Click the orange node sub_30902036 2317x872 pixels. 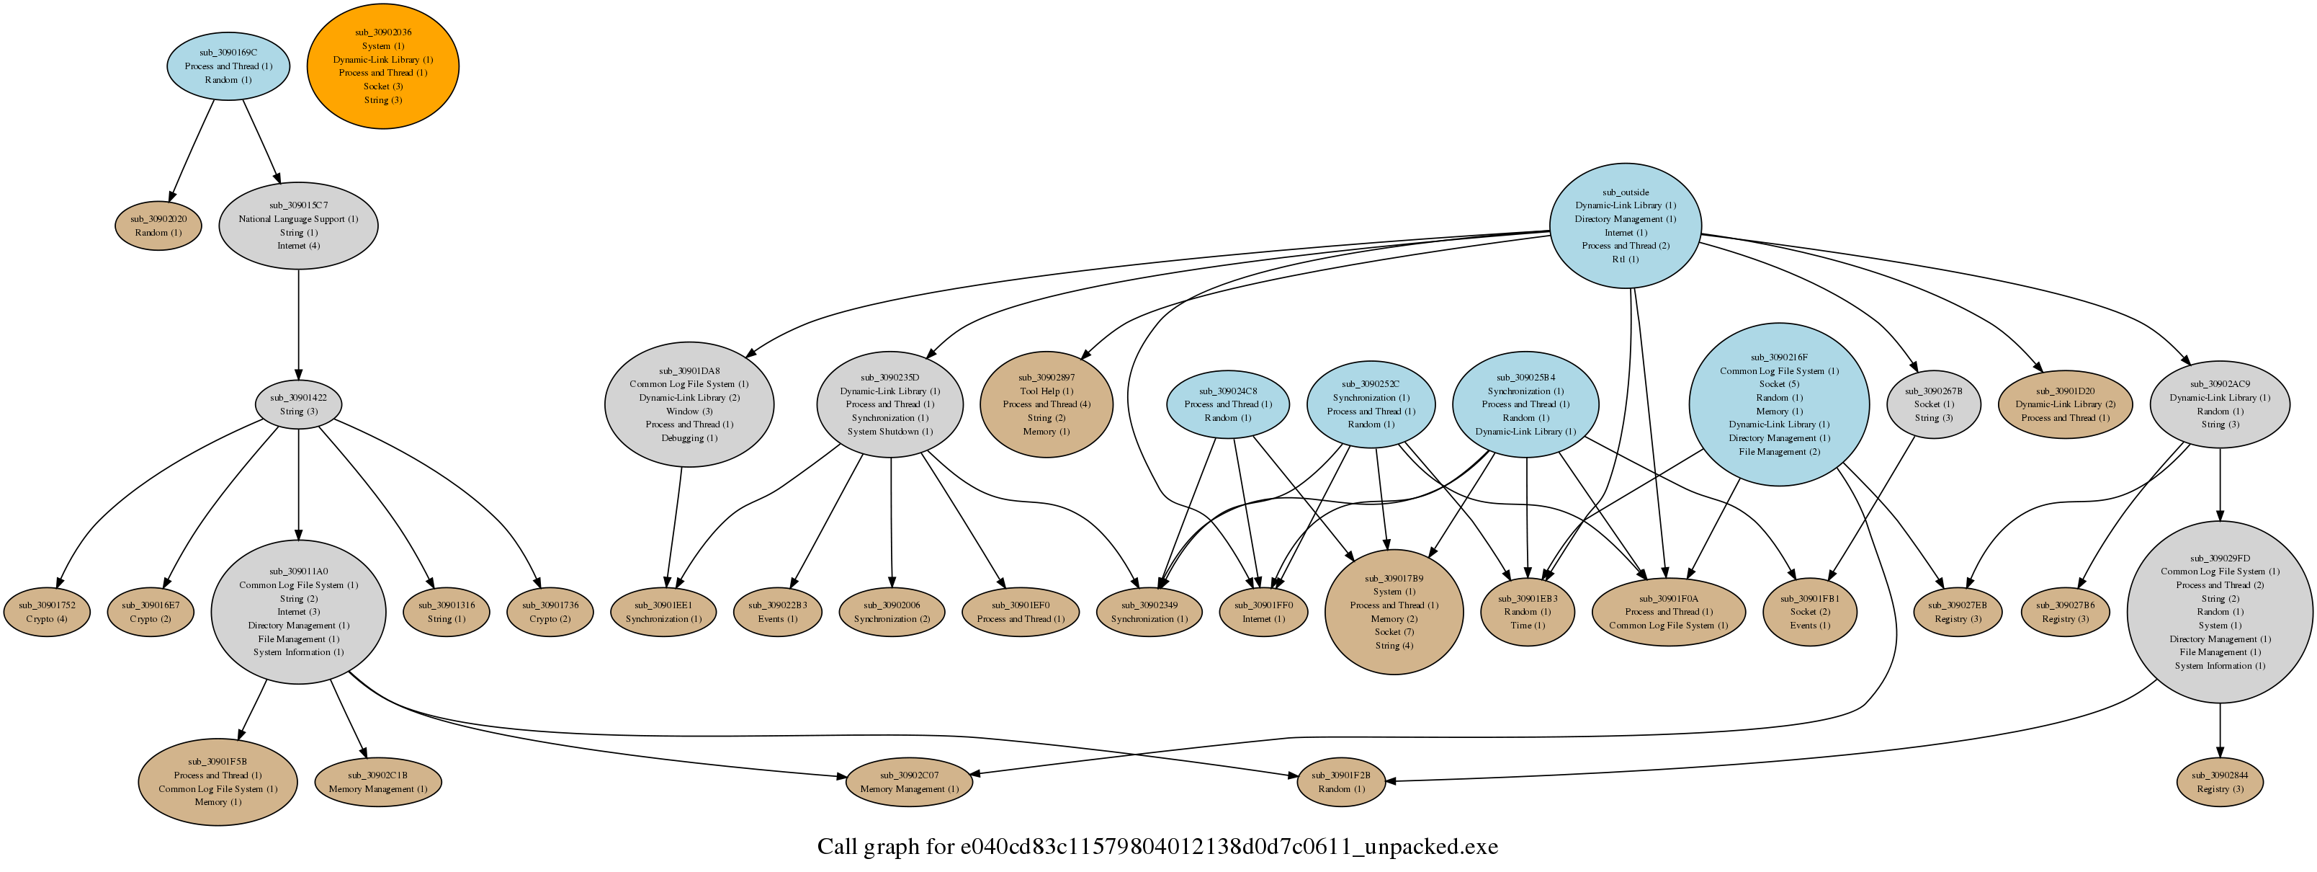click(x=383, y=66)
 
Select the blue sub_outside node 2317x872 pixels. click(x=1626, y=226)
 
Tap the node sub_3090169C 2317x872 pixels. click(x=228, y=66)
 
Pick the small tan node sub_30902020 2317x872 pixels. click(x=158, y=226)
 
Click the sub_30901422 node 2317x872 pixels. click(x=299, y=405)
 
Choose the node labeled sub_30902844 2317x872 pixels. click(x=2219, y=782)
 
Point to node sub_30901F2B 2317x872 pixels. click(x=1341, y=782)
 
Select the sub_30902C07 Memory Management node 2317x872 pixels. click(x=910, y=782)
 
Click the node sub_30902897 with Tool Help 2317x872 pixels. click(x=1046, y=405)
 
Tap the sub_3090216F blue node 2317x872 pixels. click(x=1779, y=405)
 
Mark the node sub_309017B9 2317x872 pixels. click(x=1394, y=612)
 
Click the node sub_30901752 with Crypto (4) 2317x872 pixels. click(x=47, y=612)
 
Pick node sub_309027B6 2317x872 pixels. click(x=2065, y=612)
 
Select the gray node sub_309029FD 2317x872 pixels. click(x=2219, y=612)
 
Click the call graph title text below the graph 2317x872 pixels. click(x=1157, y=847)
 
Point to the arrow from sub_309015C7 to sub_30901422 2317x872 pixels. click(x=299, y=325)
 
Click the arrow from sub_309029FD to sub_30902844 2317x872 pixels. click(x=2219, y=731)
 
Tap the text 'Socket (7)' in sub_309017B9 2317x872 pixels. click(x=1394, y=632)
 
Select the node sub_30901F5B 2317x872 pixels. click(x=218, y=782)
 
